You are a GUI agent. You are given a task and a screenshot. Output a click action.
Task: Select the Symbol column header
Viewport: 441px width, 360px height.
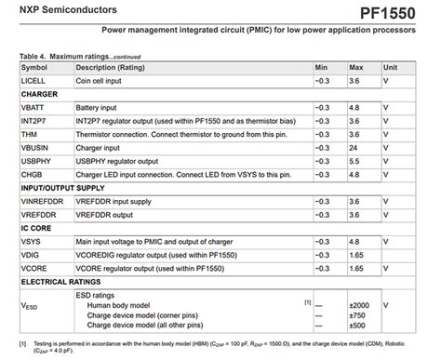pyautogui.click(x=34, y=68)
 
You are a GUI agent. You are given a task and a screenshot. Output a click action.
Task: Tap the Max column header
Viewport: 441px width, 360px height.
pyautogui.click(x=356, y=68)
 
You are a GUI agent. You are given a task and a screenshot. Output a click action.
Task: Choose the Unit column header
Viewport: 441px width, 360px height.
pyautogui.click(x=391, y=68)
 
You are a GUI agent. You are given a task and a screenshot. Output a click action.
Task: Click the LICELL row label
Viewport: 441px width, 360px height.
pyautogui.click(x=33, y=81)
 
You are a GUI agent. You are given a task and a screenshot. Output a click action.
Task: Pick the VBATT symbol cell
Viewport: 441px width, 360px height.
pyautogui.click(x=33, y=108)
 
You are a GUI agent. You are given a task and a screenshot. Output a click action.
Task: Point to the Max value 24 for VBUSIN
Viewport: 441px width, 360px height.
pyautogui.click(x=354, y=148)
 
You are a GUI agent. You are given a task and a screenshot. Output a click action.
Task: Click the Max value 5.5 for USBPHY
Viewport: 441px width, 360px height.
pyautogui.click(x=354, y=161)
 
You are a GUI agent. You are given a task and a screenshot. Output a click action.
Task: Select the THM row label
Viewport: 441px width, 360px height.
pyautogui.click(x=29, y=135)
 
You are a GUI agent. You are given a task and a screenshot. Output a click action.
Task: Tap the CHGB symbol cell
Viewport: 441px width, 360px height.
pyautogui.click(x=33, y=174)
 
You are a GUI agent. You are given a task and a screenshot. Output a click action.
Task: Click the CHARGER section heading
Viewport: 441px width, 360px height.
pyautogui.click(x=39, y=94)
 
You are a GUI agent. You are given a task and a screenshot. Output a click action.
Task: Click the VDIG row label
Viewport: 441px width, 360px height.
pyautogui.click(x=31, y=254)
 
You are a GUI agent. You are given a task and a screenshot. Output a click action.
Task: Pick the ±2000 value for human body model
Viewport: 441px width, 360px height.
pyautogui.click(x=360, y=304)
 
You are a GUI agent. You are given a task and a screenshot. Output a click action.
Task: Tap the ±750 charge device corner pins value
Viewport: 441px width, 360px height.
pyautogui.click(x=358, y=314)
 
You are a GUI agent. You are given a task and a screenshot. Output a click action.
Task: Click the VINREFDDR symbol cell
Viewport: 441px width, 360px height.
pyautogui.click(x=43, y=201)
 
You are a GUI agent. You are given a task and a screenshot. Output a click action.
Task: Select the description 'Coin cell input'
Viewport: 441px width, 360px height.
pyautogui.click(x=100, y=81)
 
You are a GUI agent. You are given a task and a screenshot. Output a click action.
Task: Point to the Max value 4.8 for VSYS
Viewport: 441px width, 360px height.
pyautogui.click(x=354, y=241)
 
